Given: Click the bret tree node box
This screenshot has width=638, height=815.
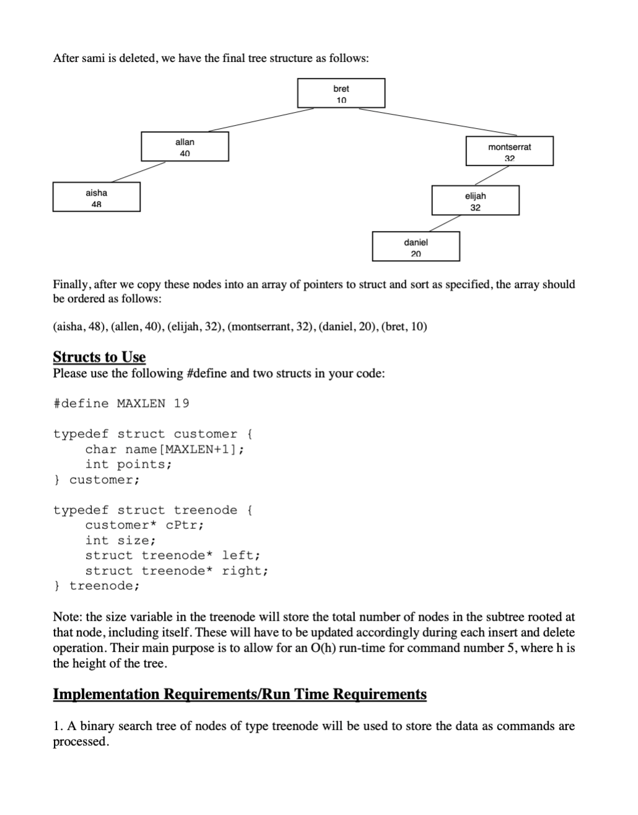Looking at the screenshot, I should click(x=341, y=94).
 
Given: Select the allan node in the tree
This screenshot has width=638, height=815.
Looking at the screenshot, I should click(x=185, y=147).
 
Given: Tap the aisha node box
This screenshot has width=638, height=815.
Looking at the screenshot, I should click(x=96, y=197).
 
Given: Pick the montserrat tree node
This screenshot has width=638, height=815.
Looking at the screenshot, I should click(x=509, y=151).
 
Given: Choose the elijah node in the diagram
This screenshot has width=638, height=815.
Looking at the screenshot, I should click(x=475, y=201).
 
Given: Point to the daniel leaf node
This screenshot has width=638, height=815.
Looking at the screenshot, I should click(x=416, y=246).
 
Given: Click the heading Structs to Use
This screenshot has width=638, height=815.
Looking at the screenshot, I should click(x=99, y=357).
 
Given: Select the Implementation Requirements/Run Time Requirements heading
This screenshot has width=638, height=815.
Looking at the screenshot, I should click(x=240, y=694).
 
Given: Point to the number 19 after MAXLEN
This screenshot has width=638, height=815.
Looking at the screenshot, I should click(x=181, y=404).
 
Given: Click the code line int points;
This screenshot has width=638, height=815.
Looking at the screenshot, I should click(x=128, y=464).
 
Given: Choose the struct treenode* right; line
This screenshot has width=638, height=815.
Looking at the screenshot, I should click(x=177, y=571).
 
